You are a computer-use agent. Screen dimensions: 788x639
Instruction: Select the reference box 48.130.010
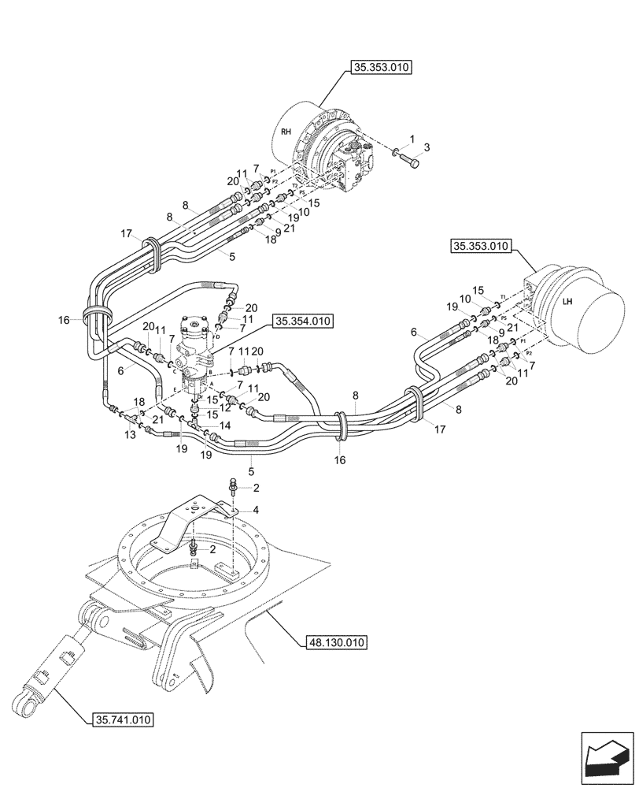coord(334,643)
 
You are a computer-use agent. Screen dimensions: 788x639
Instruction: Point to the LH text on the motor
coord(568,300)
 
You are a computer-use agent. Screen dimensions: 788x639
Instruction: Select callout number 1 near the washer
coord(412,139)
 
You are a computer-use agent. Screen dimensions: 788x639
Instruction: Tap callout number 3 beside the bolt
coord(427,147)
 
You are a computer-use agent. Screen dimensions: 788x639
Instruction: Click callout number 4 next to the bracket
coord(256,510)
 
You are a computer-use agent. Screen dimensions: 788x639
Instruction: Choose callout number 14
coord(225,425)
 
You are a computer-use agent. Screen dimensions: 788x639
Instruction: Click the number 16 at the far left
coord(65,320)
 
